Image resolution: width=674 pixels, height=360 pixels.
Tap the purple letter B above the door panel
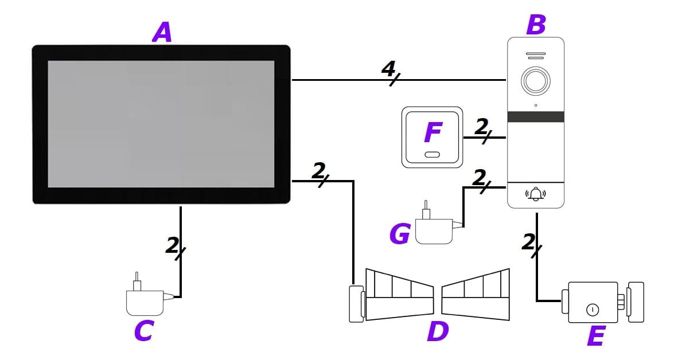[x=535, y=25]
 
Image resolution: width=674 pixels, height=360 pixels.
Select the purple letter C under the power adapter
[x=142, y=330]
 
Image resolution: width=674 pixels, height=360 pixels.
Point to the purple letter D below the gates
[x=438, y=331]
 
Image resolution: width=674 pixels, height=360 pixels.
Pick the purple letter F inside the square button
[x=433, y=133]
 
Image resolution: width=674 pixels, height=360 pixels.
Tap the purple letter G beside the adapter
[x=400, y=234]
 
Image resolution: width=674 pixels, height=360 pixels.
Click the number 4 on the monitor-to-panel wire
[x=388, y=71]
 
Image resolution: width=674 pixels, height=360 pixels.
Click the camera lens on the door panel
[x=535, y=82]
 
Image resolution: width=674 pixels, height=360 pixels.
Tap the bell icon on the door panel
[x=536, y=194]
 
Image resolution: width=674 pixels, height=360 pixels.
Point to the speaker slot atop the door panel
[x=535, y=56]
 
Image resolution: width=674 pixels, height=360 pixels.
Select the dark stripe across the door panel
[x=536, y=117]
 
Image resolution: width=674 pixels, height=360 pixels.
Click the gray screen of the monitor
[x=161, y=123]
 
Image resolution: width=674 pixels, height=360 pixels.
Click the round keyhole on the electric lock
[x=592, y=310]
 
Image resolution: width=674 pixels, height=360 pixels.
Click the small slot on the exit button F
[x=433, y=154]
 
